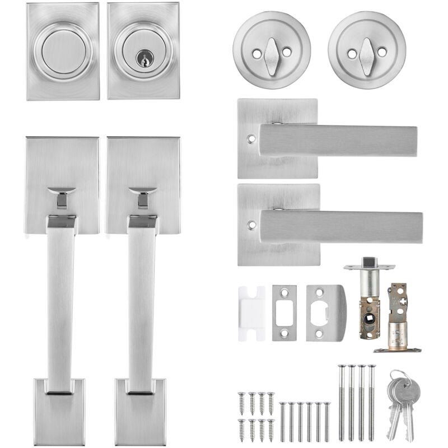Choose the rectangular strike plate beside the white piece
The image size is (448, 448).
pyautogui.click(x=284, y=312)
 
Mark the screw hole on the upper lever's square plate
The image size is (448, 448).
pyautogui.click(x=250, y=137)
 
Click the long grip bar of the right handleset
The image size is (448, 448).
pyautogui.click(x=141, y=302)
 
